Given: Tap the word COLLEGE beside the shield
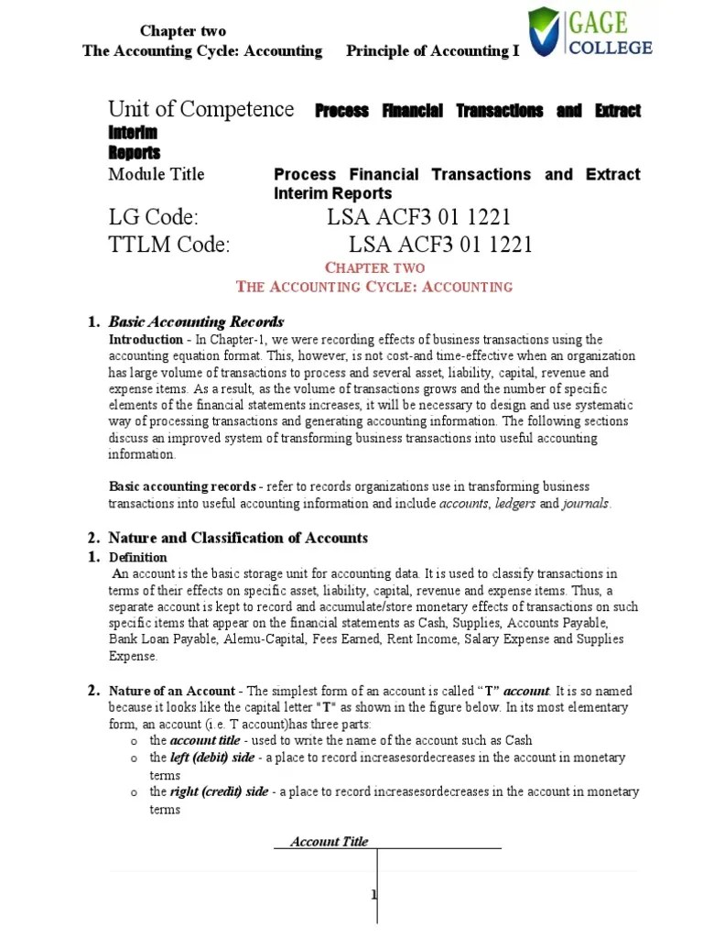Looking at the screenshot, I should pyautogui.click(x=611, y=46).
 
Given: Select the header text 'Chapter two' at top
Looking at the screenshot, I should pyautogui.click(x=183, y=31).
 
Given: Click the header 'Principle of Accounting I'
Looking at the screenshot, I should pyautogui.click(x=432, y=51).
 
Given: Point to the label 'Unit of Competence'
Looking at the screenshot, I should pyautogui.click(x=201, y=110).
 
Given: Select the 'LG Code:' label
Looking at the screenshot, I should pyautogui.click(x=153, y=217).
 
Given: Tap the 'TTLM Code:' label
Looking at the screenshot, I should pyautogui.click(x=169, y=245).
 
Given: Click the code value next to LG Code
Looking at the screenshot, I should pyautogui.click(x=418, y=217).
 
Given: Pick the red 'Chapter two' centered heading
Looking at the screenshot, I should pyautogui.click(x=375, y=267).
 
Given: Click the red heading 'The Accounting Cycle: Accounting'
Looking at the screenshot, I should pyautogui.click(x=374, y=287).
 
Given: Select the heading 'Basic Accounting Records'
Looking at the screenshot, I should pyautogui.click(x=196, y=322).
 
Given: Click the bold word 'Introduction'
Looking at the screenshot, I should pyautogui.click(x=146, y=340).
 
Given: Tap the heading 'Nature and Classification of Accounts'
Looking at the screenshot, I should pyautogui.click(x=238, y=538).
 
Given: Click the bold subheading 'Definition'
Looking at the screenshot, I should pyautogui.click(x=138, y=557).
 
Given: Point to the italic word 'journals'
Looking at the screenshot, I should pyautogui.click(x=585, y=504).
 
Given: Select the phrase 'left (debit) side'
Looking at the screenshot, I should pyautogui.click(x=218, y=758).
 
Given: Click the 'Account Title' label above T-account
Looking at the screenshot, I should pyautogui.click(x=329, y=841).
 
